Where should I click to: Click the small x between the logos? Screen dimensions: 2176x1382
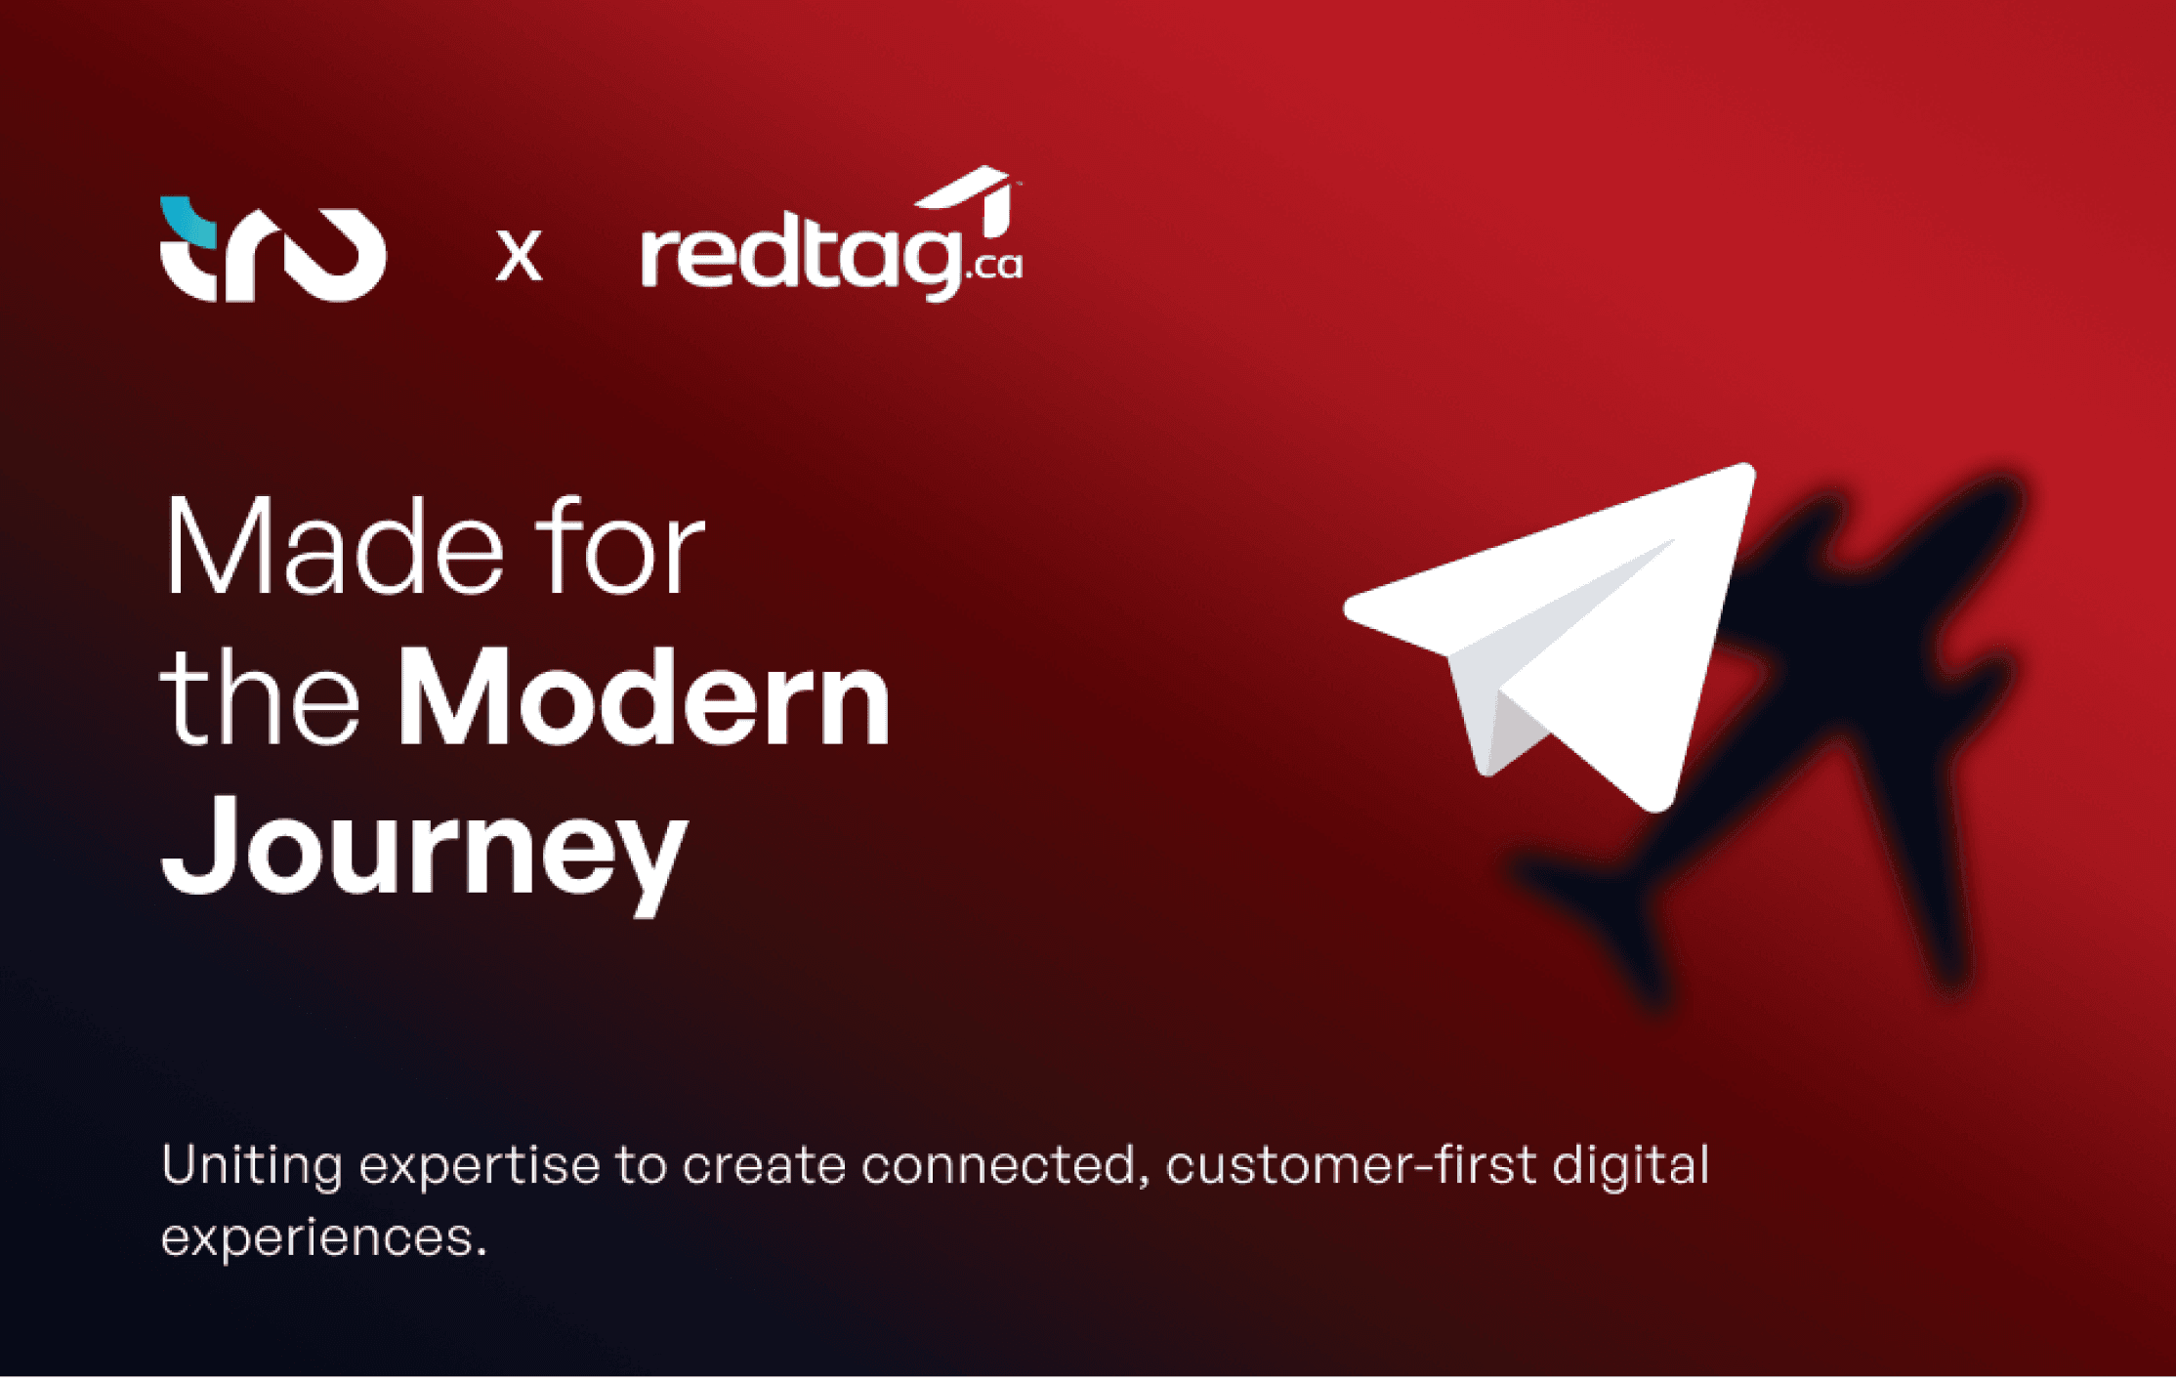519,256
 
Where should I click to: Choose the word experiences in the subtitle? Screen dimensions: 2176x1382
323,1239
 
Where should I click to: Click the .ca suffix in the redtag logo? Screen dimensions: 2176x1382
994,265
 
